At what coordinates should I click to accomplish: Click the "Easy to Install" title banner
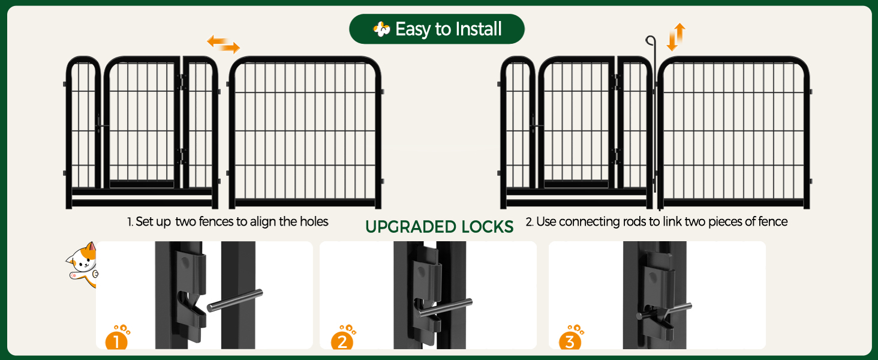[x=437, y=29]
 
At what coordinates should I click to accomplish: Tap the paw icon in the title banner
[x=381, y=29]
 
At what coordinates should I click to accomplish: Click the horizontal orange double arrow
[x=224, y=44]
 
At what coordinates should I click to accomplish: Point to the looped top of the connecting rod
[x=651, y=40]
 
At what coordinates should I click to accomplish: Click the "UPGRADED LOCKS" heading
[x=440, y=227]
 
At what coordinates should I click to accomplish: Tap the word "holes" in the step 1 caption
[x=314, y=221]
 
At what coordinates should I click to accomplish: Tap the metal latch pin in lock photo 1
[x=234, y=301]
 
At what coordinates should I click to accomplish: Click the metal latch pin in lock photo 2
[x=445, y=308]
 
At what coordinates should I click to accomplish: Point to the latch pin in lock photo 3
[x=664, y=312]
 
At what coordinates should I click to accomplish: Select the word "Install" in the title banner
[x=479, y=29]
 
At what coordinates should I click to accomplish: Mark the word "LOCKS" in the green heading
[x=487, y=227]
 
